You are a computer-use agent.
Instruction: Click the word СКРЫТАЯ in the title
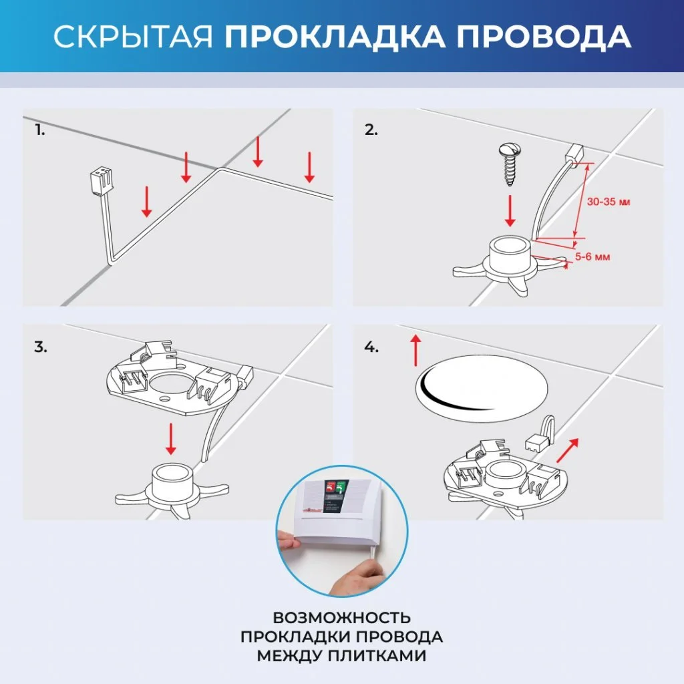[x=134, y=37]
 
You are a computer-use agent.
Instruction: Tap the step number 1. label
[x=41, y=130]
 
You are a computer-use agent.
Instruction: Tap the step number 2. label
[x=371, y=130]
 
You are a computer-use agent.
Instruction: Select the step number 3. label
[x=41, y=347]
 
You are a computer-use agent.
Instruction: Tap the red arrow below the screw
[x=510, y=210]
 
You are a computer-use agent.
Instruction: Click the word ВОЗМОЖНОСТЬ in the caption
[x=341, y=617]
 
